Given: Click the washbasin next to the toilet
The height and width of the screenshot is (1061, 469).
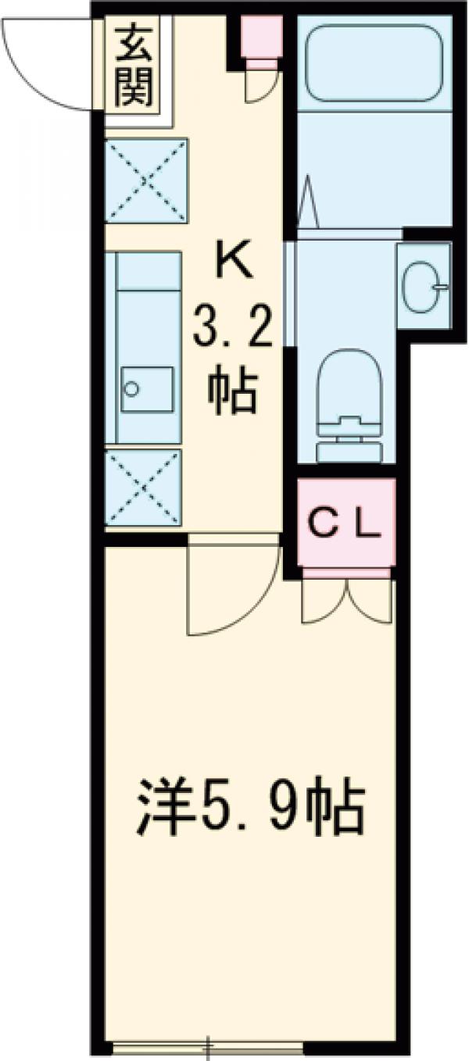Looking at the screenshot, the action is (x=424, y=287).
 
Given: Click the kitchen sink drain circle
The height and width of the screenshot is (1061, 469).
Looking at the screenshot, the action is (x=131, y=389).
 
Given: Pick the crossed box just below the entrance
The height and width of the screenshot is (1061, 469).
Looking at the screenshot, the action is (x=146, y=180).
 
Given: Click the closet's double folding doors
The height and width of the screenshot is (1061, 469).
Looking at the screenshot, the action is (x=348, y=600).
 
